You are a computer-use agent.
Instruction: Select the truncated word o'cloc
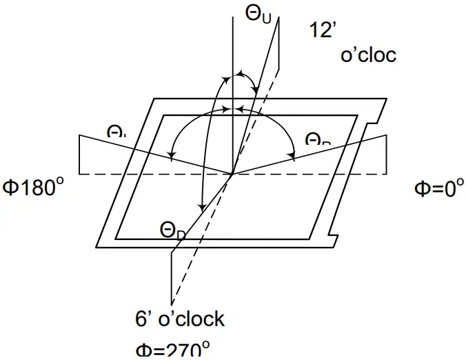pyautogui.click(x=369, y=54)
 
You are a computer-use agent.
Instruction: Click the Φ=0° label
pyautogui.click(x=435, y=188)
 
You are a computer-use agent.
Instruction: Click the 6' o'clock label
pyautogui.click(x=180, y=319)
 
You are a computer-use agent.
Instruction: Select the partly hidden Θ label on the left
pyautogui.click(x=116, y=131)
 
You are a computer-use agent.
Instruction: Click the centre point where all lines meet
pyautogui.click(x=233, y=174)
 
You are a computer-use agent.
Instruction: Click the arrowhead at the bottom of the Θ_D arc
pyautogui.click(x=201, y=206)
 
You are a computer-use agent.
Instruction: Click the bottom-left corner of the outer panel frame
pyautogui.click(x=94, y=247)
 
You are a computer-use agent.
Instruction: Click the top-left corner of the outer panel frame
pyautogui.click(x=151, y=99)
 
